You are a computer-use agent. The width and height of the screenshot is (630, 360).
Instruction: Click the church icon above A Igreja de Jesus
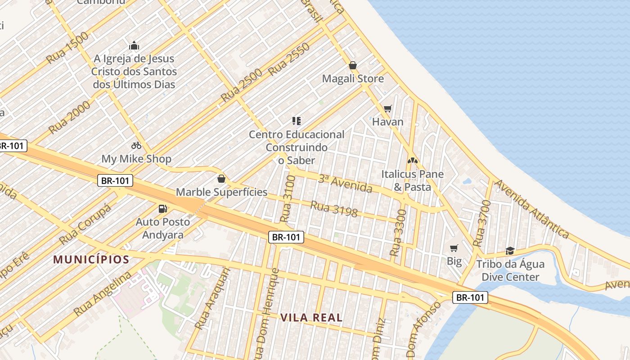(x=134, y=45)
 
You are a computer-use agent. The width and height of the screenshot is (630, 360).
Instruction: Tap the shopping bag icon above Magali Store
(x=353, y=65)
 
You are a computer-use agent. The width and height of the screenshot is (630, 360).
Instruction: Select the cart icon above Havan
(x=387, y=108)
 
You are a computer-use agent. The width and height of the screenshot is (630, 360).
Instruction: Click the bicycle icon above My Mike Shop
(x=136, y=145)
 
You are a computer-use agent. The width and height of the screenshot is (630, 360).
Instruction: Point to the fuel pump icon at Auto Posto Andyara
(x=162, y=208)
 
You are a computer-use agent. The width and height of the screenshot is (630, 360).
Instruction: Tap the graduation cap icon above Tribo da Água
(x=510, y=251)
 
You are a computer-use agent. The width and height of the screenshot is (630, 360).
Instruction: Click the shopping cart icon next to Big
(x=454, y=248)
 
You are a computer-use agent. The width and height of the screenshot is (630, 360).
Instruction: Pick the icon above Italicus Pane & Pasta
(x=412, y=160)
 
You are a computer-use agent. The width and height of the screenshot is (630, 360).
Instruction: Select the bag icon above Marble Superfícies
(x=221, y=179)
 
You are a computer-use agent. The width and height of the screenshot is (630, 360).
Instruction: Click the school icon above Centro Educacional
(x=296, y=121)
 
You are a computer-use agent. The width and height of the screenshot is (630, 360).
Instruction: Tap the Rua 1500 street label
(x=67, y=48)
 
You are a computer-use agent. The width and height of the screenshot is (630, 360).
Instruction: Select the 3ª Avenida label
(x=345, y=183)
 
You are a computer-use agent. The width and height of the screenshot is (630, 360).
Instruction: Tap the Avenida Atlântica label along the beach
(x=531, y=209)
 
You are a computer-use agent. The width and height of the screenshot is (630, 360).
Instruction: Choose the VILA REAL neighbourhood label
(x=311, y=317)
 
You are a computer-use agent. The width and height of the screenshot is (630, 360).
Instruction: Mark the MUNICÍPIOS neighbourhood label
(x=91, y=260)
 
